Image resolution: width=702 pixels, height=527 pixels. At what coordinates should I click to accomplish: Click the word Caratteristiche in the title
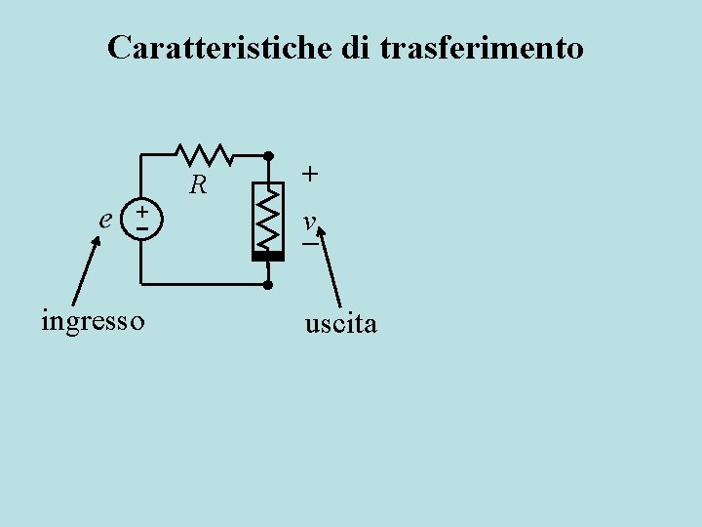(x=220, y=47)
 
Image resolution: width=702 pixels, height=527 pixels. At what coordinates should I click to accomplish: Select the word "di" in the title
(x=355, y=47)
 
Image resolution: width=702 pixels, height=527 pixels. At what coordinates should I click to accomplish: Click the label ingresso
(x=93, y=320)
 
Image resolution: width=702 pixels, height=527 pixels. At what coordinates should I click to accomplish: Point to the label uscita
(x=340, y=324)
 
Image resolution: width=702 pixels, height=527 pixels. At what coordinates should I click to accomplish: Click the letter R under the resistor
(x=199, y=183)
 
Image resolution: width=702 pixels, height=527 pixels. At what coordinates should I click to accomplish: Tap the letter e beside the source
(x=104, y=219)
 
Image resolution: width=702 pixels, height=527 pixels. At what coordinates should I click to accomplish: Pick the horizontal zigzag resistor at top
(x=203, y=154)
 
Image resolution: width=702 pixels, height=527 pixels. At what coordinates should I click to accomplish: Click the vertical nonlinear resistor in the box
(x=267, y=216)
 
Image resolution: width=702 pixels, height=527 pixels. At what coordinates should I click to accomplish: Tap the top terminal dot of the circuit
(x=268, y=155)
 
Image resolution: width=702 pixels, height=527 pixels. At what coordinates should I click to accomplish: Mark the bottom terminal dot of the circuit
(x=268, y=285)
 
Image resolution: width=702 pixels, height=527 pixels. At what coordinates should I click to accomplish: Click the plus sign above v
(x=309, y=174)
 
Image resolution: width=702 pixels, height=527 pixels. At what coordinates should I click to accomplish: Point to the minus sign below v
(x=310, y=243)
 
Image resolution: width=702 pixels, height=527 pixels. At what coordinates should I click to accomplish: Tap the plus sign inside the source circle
(x=142, y=211)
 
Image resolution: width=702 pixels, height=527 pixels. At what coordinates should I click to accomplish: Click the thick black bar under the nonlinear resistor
(x=267, y=256)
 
